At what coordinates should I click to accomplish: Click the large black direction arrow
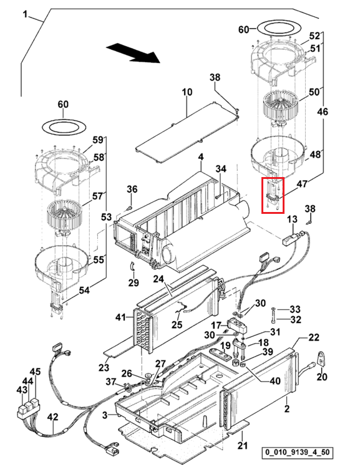click(134, 53)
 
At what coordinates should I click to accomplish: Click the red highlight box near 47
click(273, 195)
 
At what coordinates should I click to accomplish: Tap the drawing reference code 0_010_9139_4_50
click(296, 453)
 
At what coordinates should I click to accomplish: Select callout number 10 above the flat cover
click(187, 92)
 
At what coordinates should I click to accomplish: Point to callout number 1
click(26, 14)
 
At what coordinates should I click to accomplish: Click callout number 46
click(322, 112)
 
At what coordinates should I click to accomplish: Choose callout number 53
click(106, 217)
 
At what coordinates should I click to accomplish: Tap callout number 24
click(159, 279)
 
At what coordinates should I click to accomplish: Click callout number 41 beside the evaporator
click(120, 318)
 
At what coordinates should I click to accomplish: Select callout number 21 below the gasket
click(243, 446)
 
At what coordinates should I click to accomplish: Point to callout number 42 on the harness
click(52, 417)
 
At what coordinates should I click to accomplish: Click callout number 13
click(293, 219)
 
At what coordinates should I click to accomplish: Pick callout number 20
click(322, 377)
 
